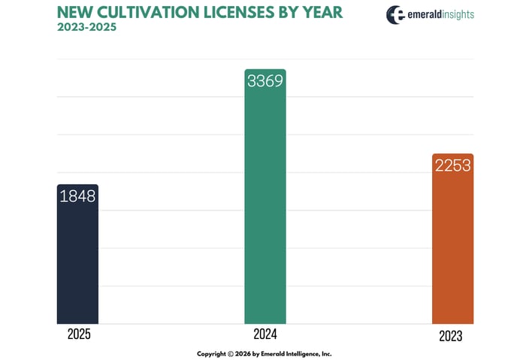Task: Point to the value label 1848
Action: (x=77, y=196)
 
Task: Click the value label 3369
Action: (x=264, y=80)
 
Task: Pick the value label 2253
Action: (x=452, y=165)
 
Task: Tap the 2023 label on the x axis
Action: (x=451, y=337)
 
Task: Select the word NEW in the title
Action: (x=74, y=13)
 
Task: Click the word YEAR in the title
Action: (x=323, y=13)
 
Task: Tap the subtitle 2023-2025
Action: (x=86, y=28)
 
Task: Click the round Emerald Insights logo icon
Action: (x=396, y=15)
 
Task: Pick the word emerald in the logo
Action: (x=426, y=14)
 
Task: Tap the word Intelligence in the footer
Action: (x=301, y=353)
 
